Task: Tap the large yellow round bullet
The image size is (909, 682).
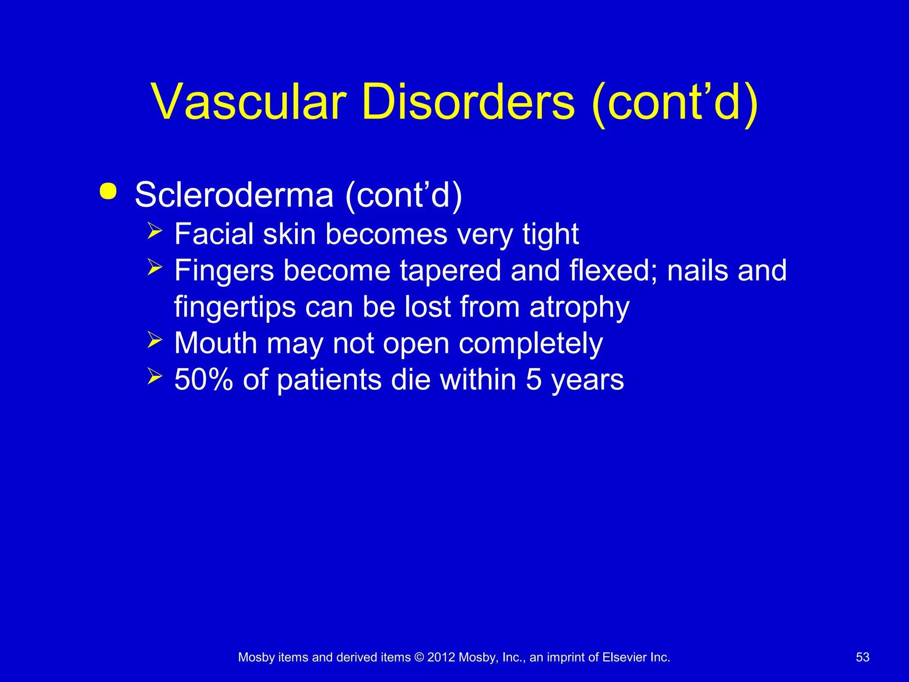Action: click(108, 192)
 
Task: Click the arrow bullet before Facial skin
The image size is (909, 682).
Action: click(155, 231)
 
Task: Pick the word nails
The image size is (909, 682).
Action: click(697, 270)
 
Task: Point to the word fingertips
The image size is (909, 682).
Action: click(235, 308)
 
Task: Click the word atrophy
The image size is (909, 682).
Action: click(579, 308)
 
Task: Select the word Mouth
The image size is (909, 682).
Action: click(216, 343)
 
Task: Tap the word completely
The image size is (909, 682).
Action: click(530, 344)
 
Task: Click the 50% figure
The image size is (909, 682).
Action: click(204, 380)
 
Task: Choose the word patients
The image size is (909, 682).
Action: click(329, 381)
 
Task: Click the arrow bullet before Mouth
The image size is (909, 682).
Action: click(155, 341)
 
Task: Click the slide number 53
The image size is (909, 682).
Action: click(862, 658)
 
